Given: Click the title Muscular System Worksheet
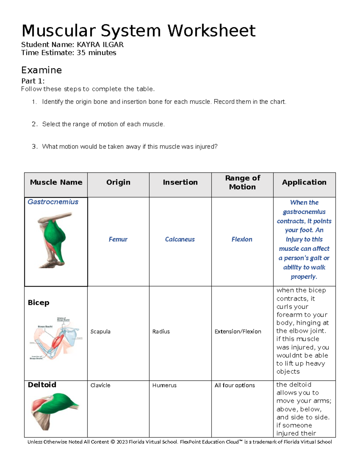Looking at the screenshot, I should point(138,31).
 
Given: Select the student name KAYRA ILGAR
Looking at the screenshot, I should point(100,45).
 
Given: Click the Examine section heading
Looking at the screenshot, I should point(41,70).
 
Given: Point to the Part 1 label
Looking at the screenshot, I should point(33,81).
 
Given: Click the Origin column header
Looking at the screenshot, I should point(118,182).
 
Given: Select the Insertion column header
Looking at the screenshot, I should point(180,182).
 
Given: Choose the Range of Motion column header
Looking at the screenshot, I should point(242,182).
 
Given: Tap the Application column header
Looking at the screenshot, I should point(304,182).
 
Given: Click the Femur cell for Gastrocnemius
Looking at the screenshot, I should point(118,239).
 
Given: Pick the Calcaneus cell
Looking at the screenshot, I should point(180,239).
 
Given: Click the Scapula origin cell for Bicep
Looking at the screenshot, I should point(100,331).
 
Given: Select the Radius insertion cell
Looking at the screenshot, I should point(161,331).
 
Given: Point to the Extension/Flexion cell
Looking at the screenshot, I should point(238,331).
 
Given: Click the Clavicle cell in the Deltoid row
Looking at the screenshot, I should point(100,385).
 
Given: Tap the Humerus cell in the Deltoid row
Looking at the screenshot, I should point(164,385).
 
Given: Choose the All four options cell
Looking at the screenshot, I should point(235,385).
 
